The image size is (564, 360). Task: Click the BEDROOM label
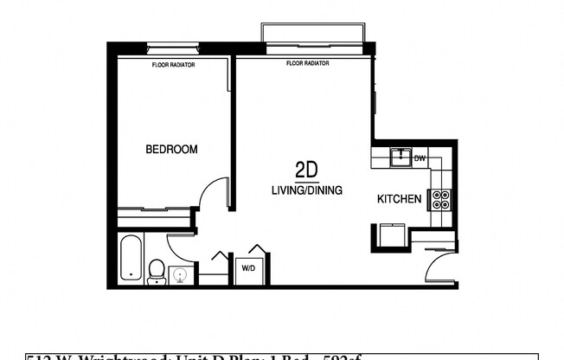[x=171, y=150]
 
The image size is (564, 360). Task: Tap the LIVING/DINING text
[x=306, y=190]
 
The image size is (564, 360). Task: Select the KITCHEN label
[x=399, y=199]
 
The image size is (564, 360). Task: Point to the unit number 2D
[x=305, y=169]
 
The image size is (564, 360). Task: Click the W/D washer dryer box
[x=247, y=267]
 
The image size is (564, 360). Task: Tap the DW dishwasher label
[x=420, y=158]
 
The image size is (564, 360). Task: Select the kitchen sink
[x=399, y=157]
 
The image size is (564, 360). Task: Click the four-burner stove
[x=441, y=200]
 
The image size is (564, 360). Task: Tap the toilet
[x=157, y=272]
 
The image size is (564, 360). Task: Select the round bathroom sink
[x=181, y=275]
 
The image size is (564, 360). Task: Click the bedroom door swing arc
[x=209, y=195]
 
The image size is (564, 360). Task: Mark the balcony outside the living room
[x=313, y=32]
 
